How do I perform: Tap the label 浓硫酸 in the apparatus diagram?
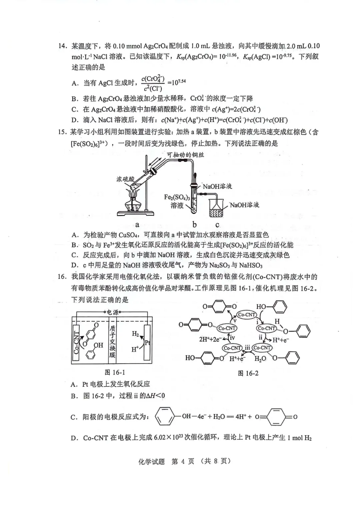tap(126, 179)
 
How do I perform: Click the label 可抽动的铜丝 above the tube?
tap(186, 155)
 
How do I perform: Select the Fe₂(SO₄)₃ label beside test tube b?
tap(177, 197)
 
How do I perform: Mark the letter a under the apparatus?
tap(137, 225)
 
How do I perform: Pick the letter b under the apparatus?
tap(194, 225)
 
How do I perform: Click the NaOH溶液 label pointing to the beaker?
tap(244, 205)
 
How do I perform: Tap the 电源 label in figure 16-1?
tap(112, 312)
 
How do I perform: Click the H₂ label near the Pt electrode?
tap(135, 334)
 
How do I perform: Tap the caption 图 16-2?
tap(248, 373)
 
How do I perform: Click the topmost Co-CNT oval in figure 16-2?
tap(246, 314)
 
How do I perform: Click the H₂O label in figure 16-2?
tap(260, 359)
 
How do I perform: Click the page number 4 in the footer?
tap(183, 461)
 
